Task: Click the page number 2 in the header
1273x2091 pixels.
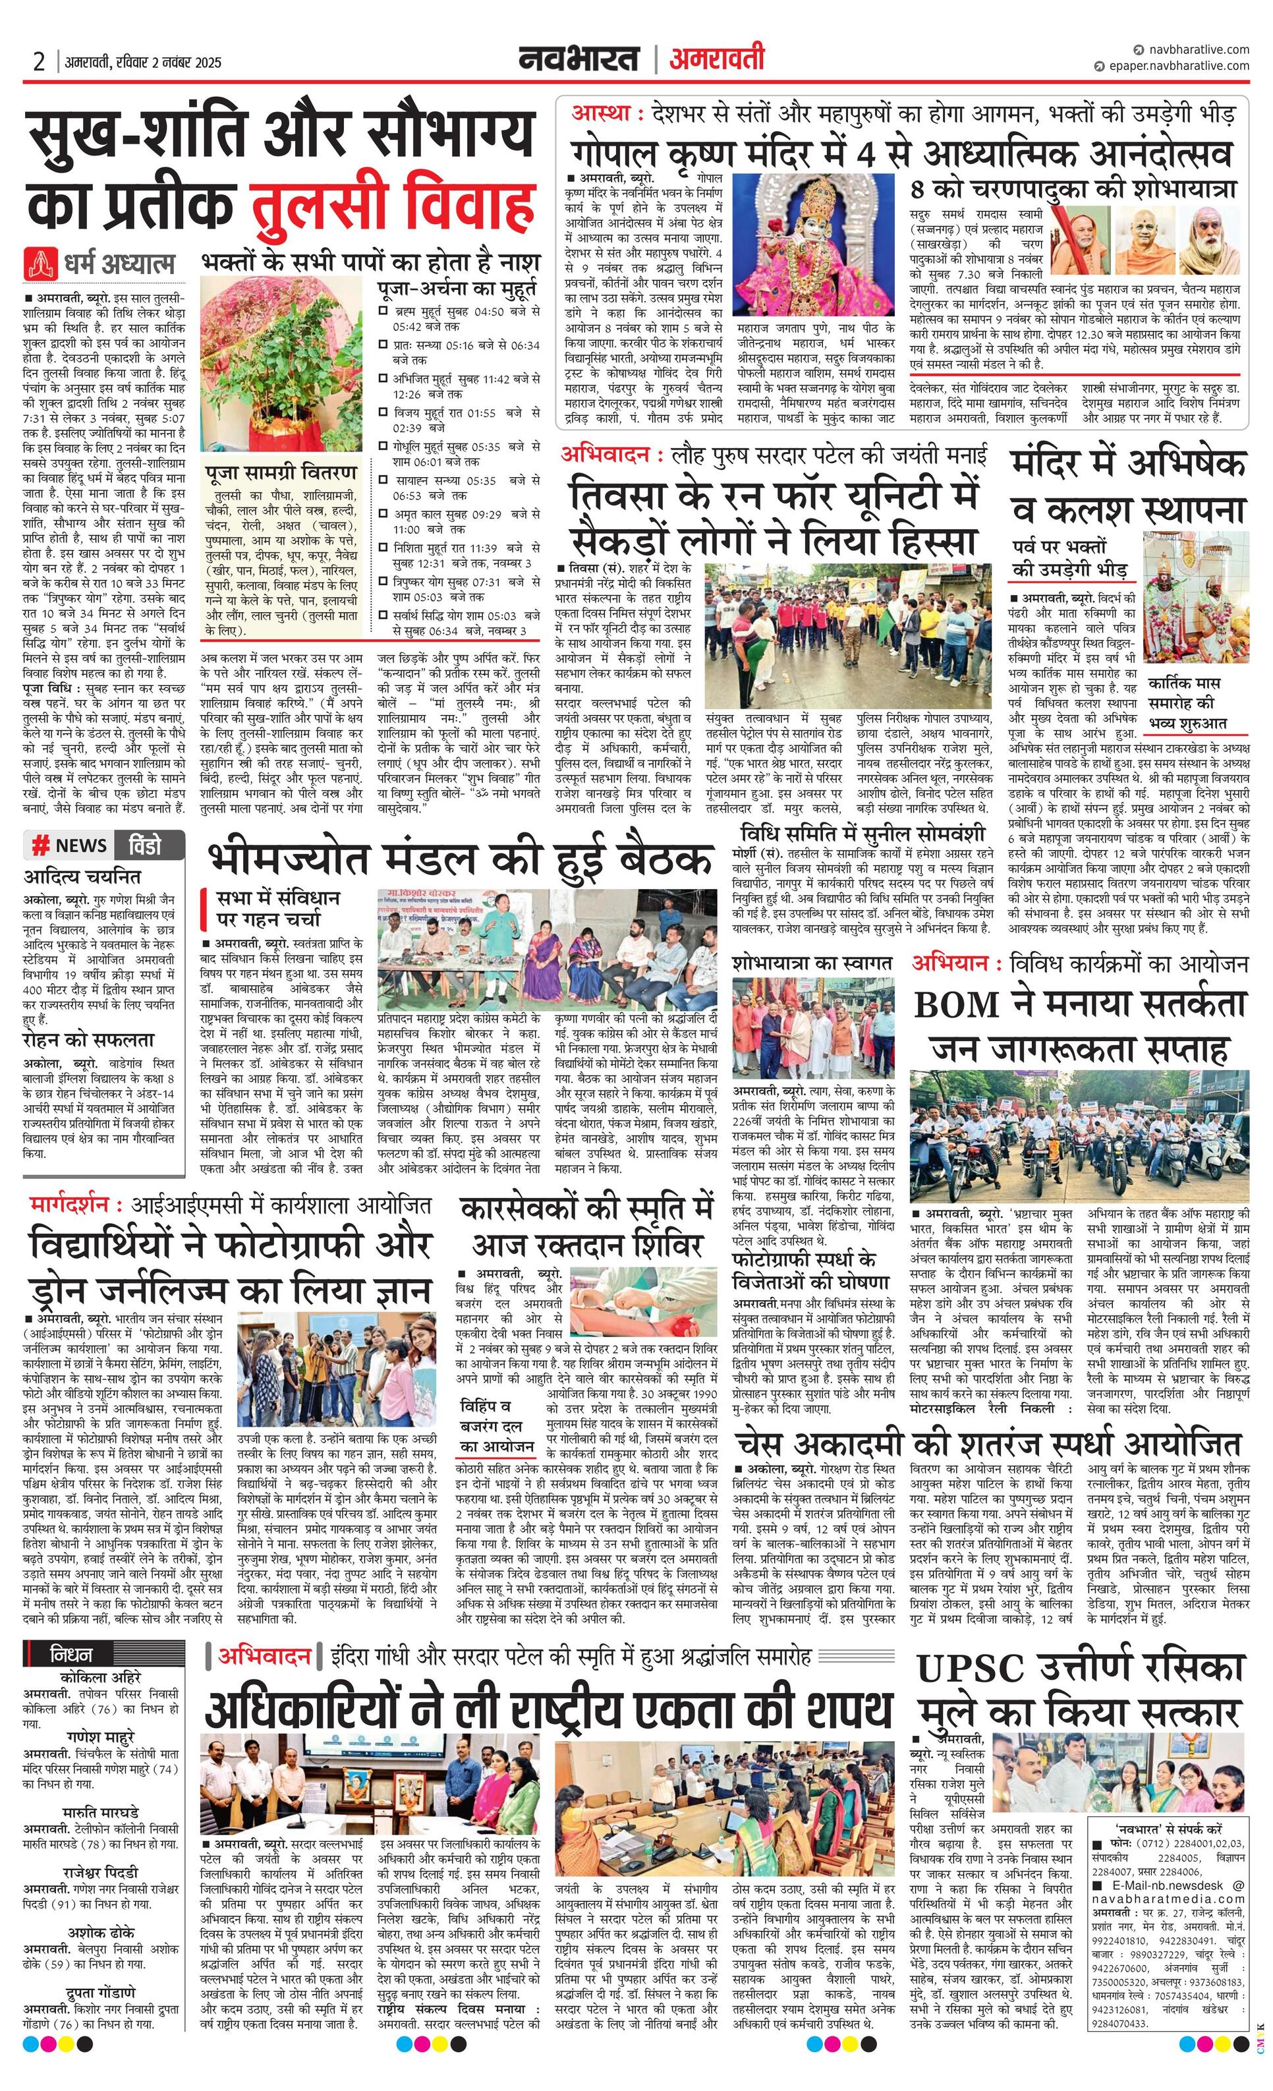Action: point(39,62)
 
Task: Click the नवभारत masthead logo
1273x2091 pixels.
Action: point(580,59)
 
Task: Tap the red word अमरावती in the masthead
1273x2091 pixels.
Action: point(716,59)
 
